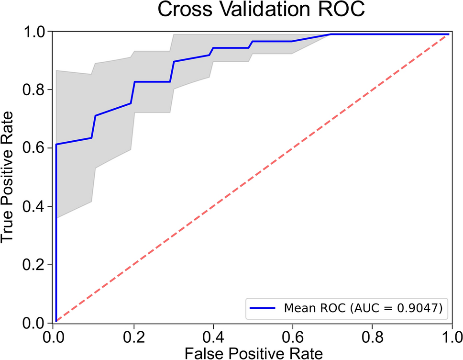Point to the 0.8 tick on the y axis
tap(36, 90)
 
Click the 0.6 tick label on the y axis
tap(36, 148)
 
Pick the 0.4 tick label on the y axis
tap(36, 206)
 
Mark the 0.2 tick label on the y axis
tap(36, 265)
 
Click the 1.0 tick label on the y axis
tap(36, 31)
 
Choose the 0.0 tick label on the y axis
tap(36, 323)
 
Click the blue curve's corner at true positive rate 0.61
tap(56, 144)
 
